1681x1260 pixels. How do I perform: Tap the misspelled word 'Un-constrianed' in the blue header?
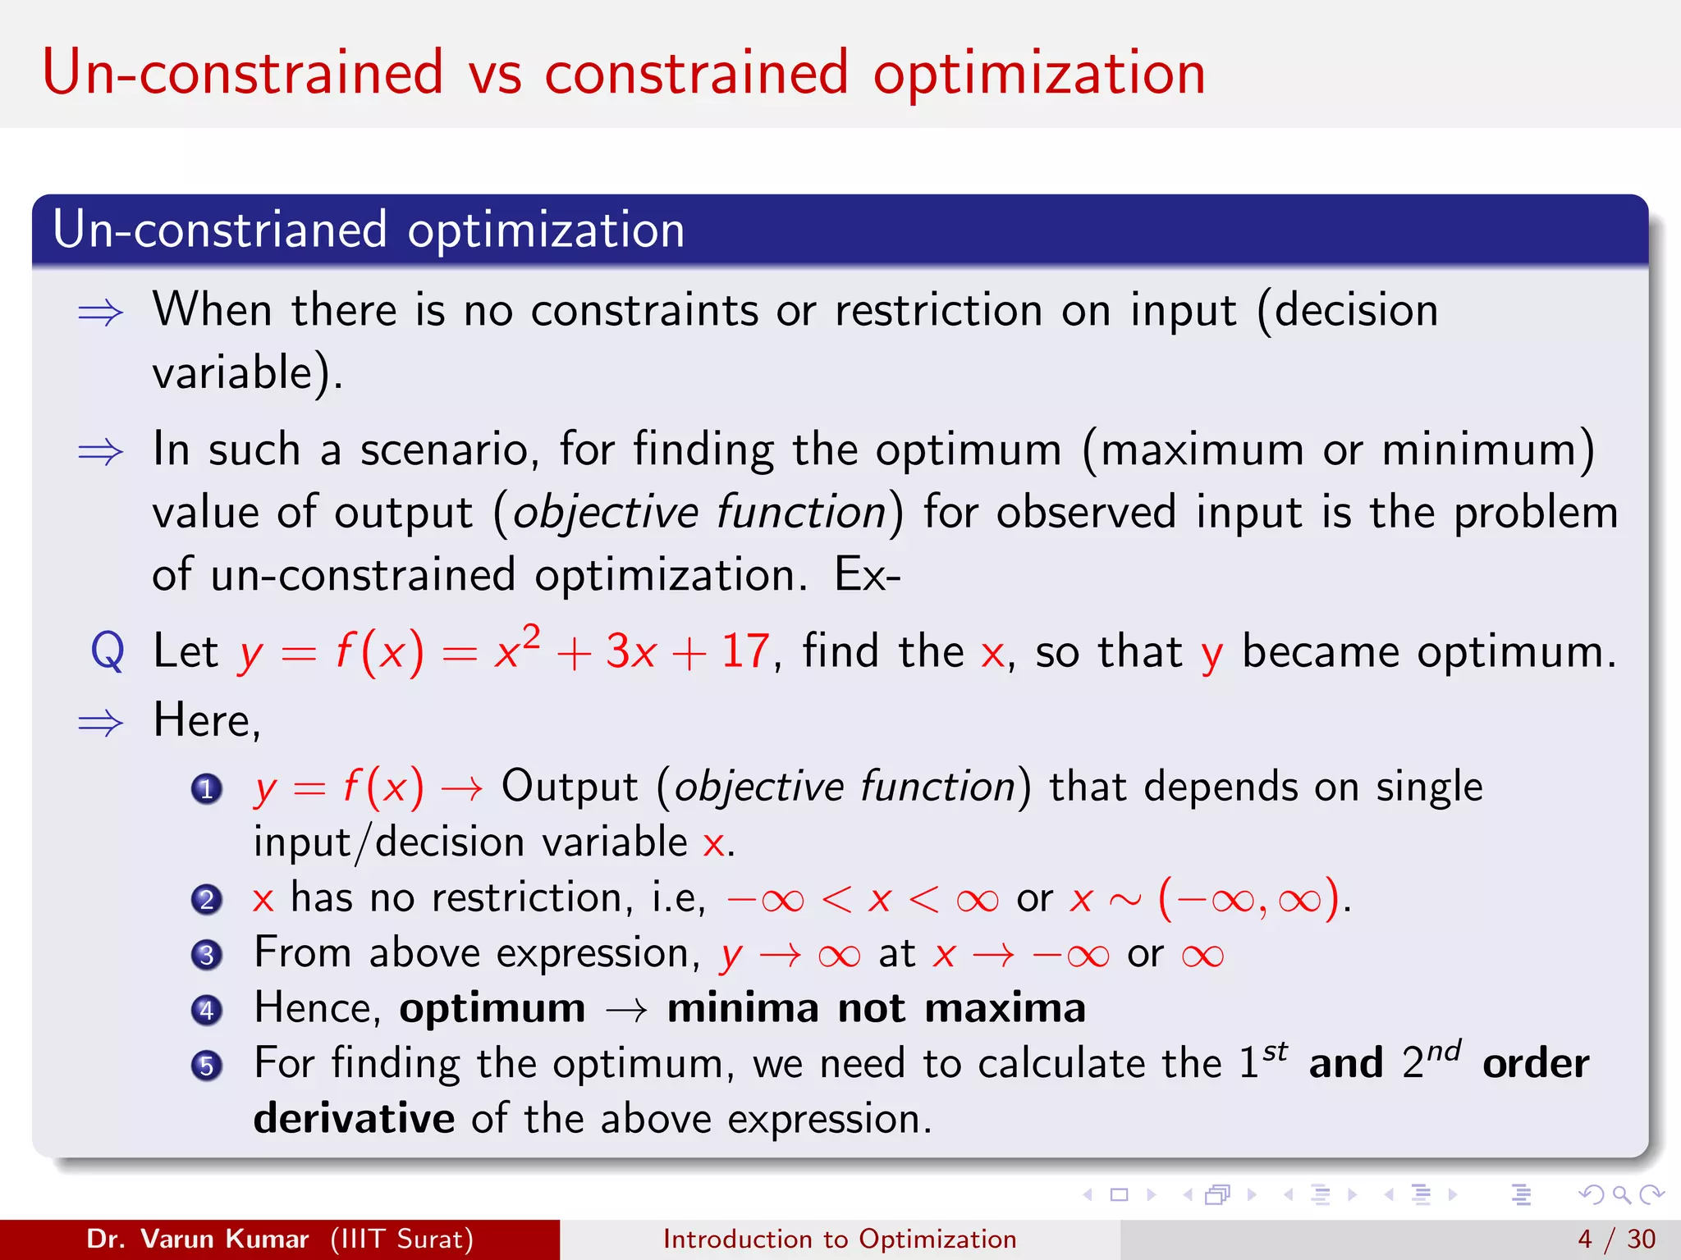point(219,230)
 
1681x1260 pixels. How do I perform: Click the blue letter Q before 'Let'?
point(108,652)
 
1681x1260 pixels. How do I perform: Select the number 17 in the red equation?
point(744,652)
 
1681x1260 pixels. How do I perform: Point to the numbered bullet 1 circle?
point(207,789)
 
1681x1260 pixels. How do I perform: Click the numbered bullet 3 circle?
point(207,955)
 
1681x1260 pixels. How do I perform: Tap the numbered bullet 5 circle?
point(207,1066)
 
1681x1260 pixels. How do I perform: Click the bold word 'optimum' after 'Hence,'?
point(492,1009)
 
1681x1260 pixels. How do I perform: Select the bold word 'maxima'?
point(1005,1008)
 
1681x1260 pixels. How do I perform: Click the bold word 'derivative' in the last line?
point(354,1119)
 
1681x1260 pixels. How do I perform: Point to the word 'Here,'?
point(208,721)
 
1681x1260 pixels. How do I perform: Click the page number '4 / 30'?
point(1616,1239)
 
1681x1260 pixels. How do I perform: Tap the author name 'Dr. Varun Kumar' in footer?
point(198,1239)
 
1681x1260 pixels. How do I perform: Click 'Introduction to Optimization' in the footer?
point(840,1239)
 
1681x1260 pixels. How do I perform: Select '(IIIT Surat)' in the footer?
point(402,1239)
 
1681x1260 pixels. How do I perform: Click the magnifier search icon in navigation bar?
point(1621,1194)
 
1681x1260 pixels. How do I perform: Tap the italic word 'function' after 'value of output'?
point(801,513)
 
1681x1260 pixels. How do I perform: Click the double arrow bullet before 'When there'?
point(100,313)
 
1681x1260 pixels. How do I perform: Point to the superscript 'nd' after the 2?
point(1444,1050)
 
